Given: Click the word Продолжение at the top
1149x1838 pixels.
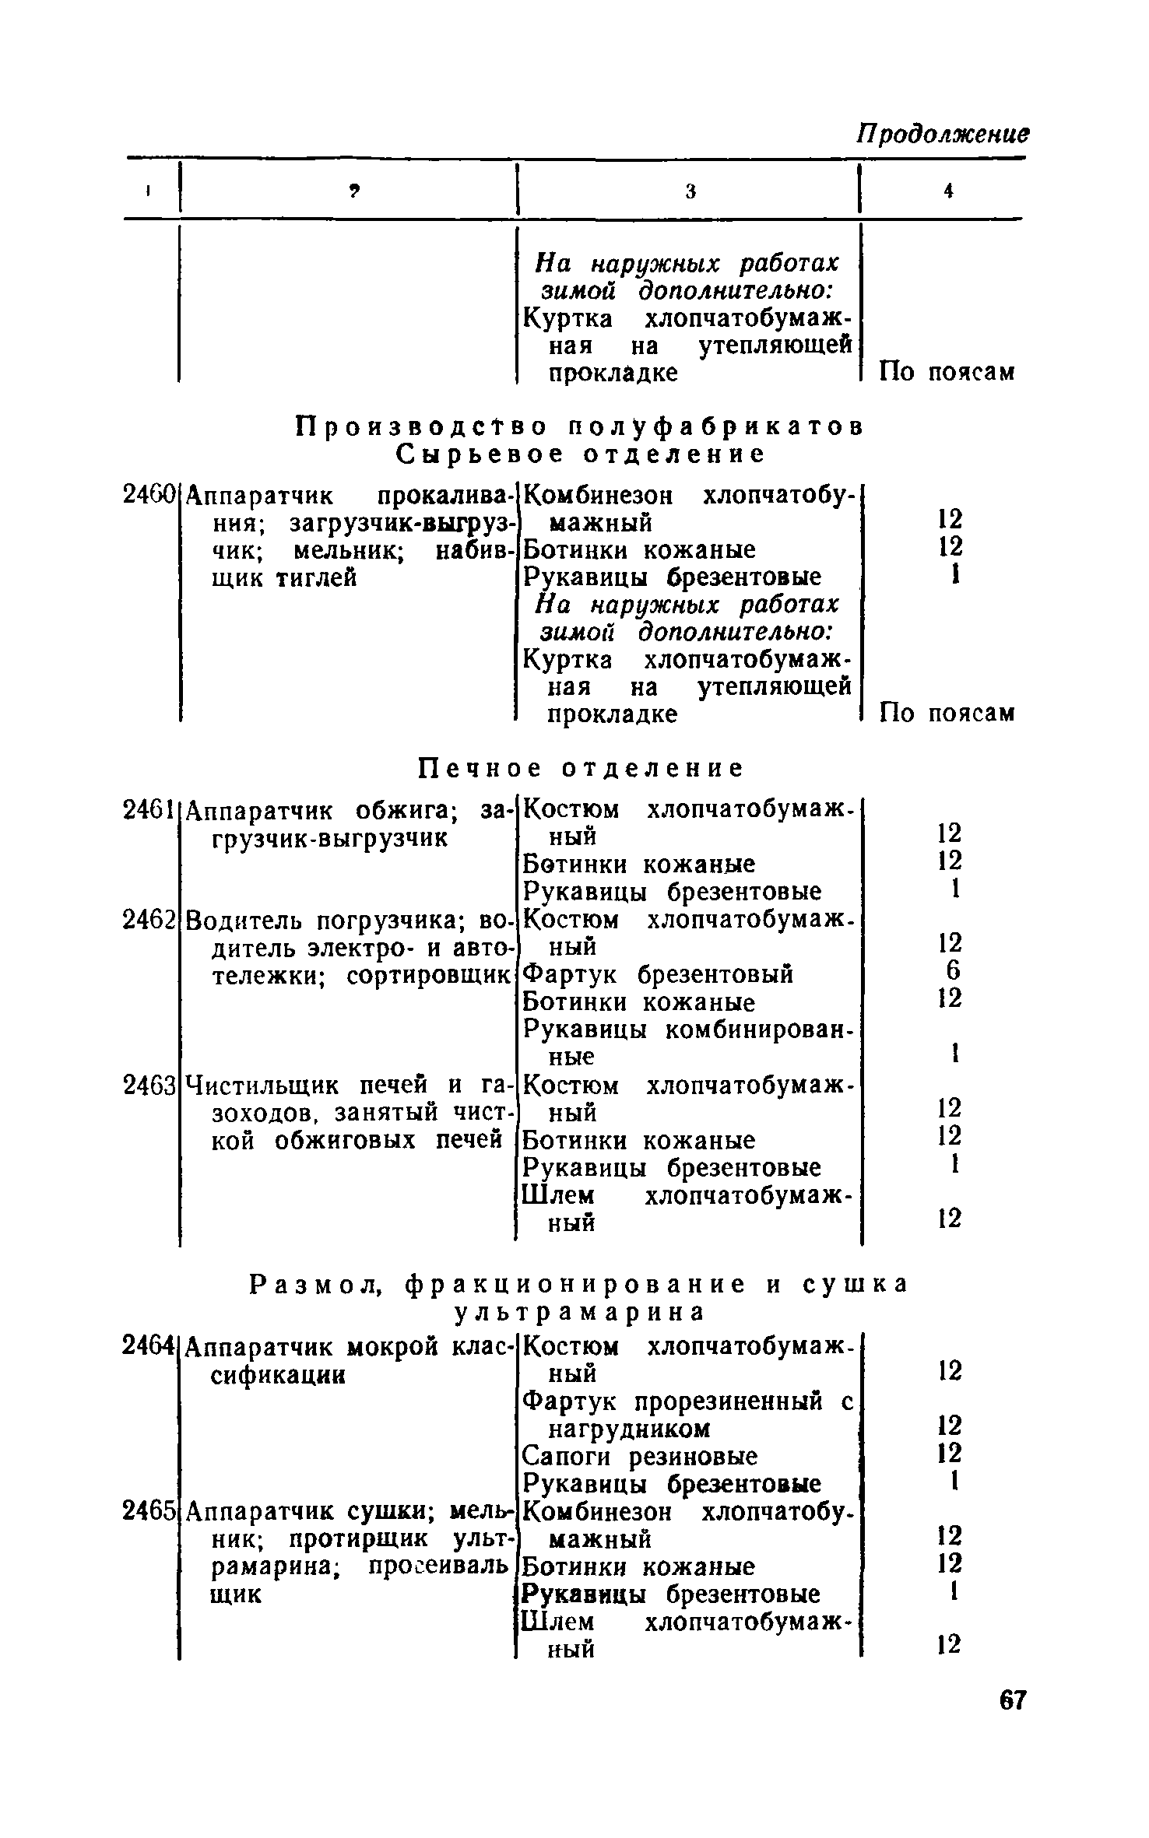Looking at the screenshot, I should click(943, 134).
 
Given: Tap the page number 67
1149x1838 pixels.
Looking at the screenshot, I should click(1013, 1699).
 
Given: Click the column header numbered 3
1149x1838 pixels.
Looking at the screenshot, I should click(690, 191).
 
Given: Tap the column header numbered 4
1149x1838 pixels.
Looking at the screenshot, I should click(947, 191).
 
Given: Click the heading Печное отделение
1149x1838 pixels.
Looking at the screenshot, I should click(581, 768).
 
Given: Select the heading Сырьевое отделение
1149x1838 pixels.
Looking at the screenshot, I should click(581, 453).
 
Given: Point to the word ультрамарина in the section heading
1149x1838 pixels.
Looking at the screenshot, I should click(579, 1311).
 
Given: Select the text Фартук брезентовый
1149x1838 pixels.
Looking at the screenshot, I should click(658, 973).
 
